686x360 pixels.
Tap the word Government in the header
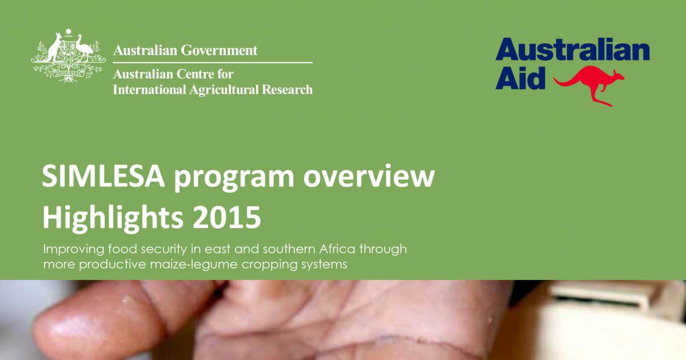[219, 50]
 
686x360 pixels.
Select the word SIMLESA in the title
[102, 179]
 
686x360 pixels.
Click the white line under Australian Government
[213, 62]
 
